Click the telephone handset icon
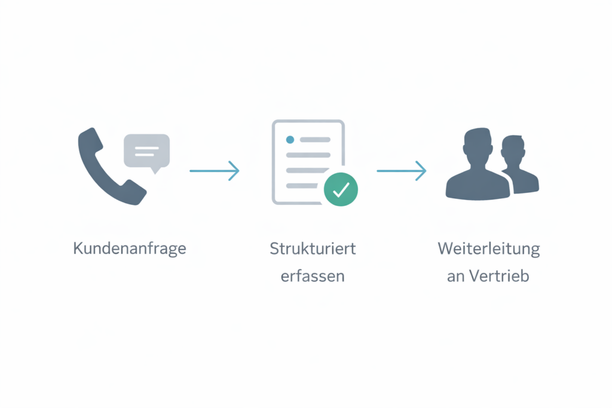click(x=111, y=167)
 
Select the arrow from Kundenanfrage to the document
click(x=215, y=171)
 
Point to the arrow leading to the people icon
click(x=402, y=171)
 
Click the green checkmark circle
click(x=341, y=189)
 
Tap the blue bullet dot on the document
click(x=290, y=140)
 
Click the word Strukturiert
click(x=313, y=249)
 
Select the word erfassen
click(x=313, y=276)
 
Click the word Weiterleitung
click(x=489, y=249)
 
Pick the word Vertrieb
click(x=499, y=276)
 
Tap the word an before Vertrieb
click(x=456, y=277)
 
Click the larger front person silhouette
click(x=478, y=164)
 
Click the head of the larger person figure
click(x=477, y=145)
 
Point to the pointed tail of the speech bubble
click(x=155, y=170)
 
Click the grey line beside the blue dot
click(x=315, y=140)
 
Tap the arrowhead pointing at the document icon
click(x=234, y=171)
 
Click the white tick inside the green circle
click(x=341, y=189)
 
